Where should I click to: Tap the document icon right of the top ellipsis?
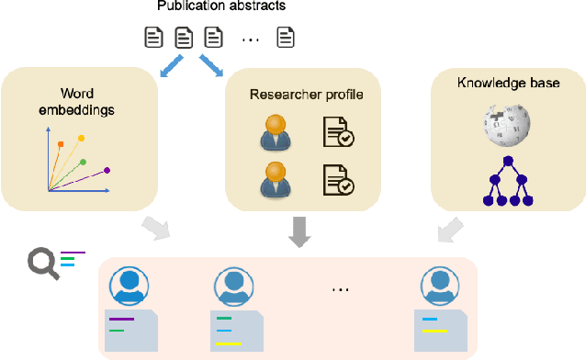pyautogui.click(x=287, y=39)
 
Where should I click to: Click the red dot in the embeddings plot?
pyautogui.click(x=62, y=144)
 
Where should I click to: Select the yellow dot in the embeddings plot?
pyautogui.click(x=81, y=138)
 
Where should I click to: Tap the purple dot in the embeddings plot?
pyautogui.click(x=107, y=170)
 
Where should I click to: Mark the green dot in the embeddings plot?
pyautogui.click(x=84, y=163)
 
